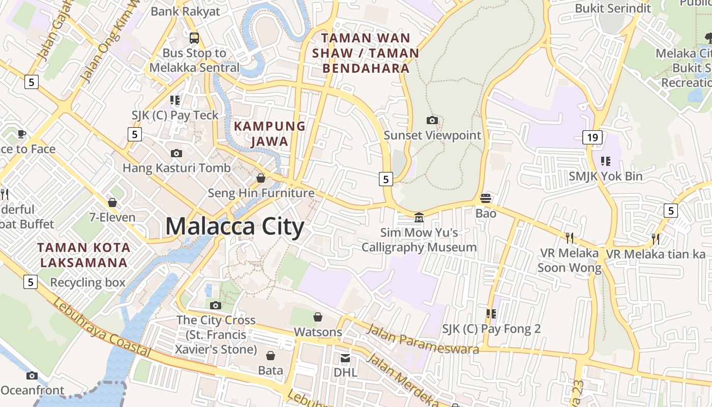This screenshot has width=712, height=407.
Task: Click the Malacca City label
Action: (235, 226)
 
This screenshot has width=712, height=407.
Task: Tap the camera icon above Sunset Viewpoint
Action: (432, 120)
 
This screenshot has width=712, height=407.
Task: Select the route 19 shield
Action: (592, 137)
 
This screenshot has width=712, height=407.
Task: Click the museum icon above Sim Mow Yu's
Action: (419, 217)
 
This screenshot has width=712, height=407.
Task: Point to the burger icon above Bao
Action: (486, 198)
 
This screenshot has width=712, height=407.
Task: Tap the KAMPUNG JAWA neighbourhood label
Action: (270, 133)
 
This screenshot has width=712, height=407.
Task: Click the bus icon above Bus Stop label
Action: (194, 38)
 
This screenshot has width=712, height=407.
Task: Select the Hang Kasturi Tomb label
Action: (176, 168)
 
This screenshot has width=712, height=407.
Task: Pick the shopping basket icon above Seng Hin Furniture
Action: (261, 178)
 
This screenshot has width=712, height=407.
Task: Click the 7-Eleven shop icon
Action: (112, 202)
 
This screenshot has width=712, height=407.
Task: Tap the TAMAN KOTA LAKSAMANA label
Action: (84, 255)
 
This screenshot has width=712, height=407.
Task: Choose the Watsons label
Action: (318, 332)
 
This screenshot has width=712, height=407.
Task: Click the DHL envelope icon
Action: (345, 358)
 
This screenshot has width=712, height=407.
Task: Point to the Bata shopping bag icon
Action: (271, 355)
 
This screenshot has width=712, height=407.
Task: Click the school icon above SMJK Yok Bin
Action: (605, 161)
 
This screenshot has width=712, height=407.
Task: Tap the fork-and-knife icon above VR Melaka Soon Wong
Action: (570, 238)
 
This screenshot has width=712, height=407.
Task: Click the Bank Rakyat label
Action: (186, 11)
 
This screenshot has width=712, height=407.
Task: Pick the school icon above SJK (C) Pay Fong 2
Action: (491, 314)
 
